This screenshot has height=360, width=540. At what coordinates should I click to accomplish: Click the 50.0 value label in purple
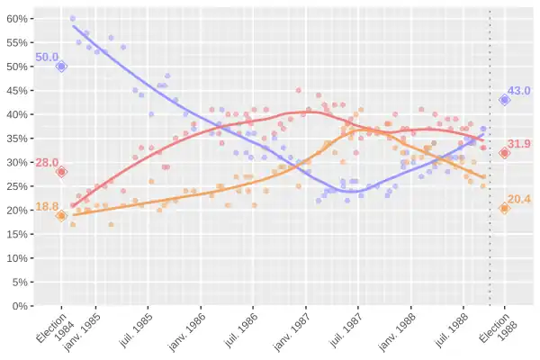tap(47, 58)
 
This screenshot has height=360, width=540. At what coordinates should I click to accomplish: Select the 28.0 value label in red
tap(47, 163)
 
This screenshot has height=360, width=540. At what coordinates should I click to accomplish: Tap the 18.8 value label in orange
tap(47, 207)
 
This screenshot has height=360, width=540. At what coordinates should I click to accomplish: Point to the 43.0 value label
tap(519, 91)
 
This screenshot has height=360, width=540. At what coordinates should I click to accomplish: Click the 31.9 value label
tap(519, 144)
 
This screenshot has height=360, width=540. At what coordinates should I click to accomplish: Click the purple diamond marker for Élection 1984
tap(61, 67)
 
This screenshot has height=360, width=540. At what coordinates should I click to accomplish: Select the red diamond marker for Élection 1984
tap(61, 172)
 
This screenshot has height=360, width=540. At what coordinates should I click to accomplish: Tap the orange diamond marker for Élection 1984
tap(61, 216)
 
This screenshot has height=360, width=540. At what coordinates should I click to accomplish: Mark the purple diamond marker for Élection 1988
tap(505, 100)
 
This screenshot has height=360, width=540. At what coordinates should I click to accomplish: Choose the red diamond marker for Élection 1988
tap(505, 153)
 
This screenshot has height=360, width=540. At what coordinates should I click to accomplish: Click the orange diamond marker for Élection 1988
tap(505, 208)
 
